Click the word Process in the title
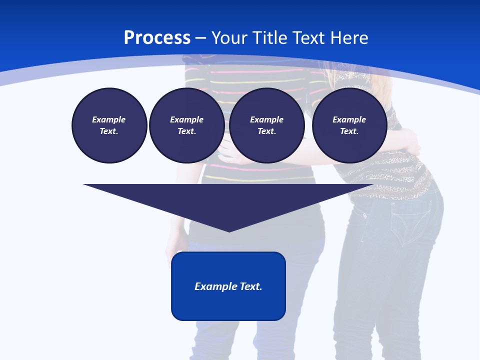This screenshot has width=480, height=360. (x=157, y=38)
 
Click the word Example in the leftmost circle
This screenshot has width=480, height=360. (x=109, y=119)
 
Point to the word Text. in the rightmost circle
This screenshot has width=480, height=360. (x=349, y=131)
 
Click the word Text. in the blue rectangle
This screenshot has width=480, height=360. (x=251, y=286)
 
